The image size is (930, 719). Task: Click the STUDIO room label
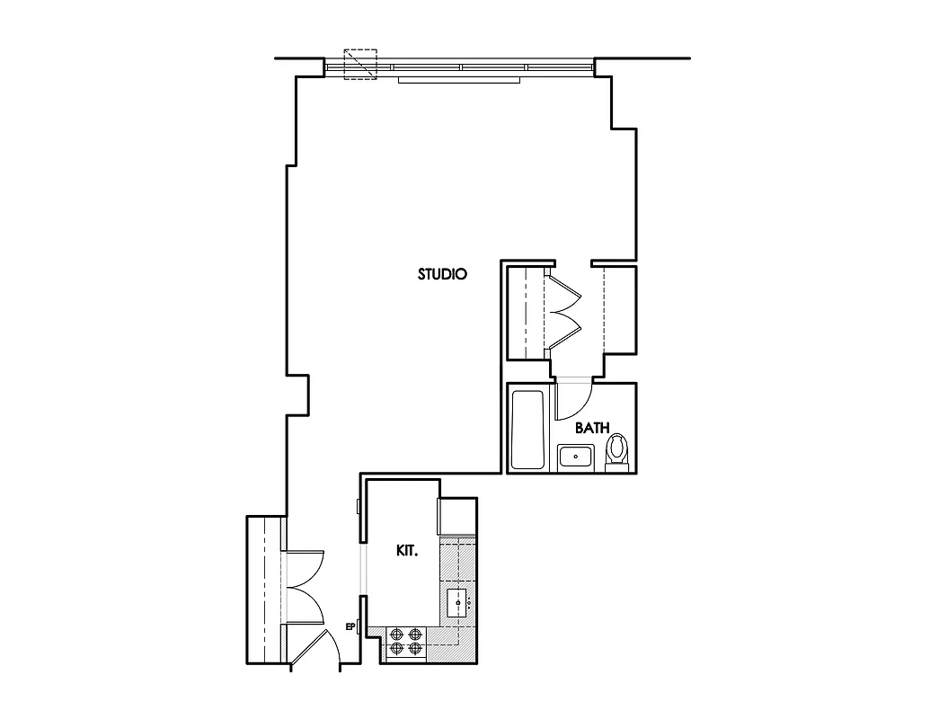(442, 274)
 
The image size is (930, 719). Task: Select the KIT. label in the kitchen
(407, 551)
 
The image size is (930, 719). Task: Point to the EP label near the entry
(350, 627)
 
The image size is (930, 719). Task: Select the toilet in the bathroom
(617, 450)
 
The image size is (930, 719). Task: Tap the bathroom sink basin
(574, 457)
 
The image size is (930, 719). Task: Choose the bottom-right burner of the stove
(415, 648)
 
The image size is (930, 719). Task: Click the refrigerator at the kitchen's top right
(456, 517)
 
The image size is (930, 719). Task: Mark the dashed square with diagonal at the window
(361, 65)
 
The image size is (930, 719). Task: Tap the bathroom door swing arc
(575, 403)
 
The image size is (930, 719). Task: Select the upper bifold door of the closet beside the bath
(564, 293)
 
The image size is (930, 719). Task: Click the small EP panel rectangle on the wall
(359, 627)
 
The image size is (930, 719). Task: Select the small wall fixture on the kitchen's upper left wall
(359, 507)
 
